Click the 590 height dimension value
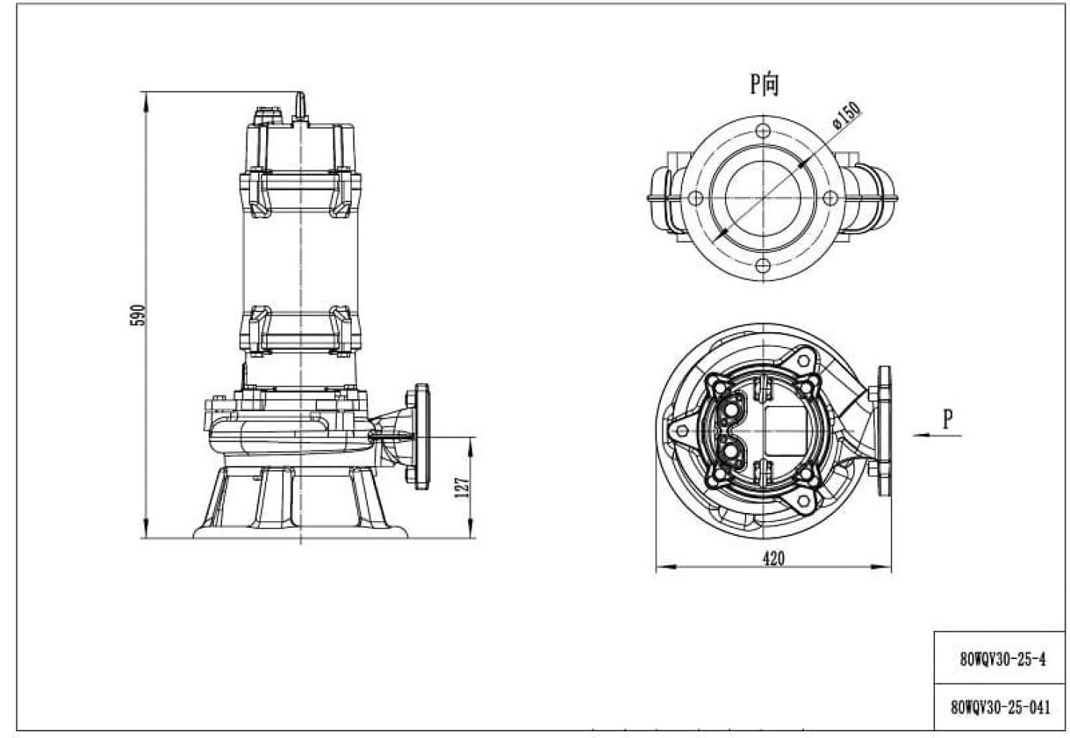(x=137, y=315)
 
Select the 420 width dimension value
(x=774, y=558)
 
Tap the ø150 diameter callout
(x=846, y=116)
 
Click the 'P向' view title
(x=764, y=83)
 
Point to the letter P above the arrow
(x=948, y=419)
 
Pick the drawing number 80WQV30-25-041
(x=1000, y=707)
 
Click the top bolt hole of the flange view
(x=763, y=130)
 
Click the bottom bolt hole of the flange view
(x=763, y=265)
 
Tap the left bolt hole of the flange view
(x=696, y=197)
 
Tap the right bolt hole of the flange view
(x=830, y=197)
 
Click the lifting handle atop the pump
(x=300, y=105)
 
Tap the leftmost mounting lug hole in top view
(x=682, y=431)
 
